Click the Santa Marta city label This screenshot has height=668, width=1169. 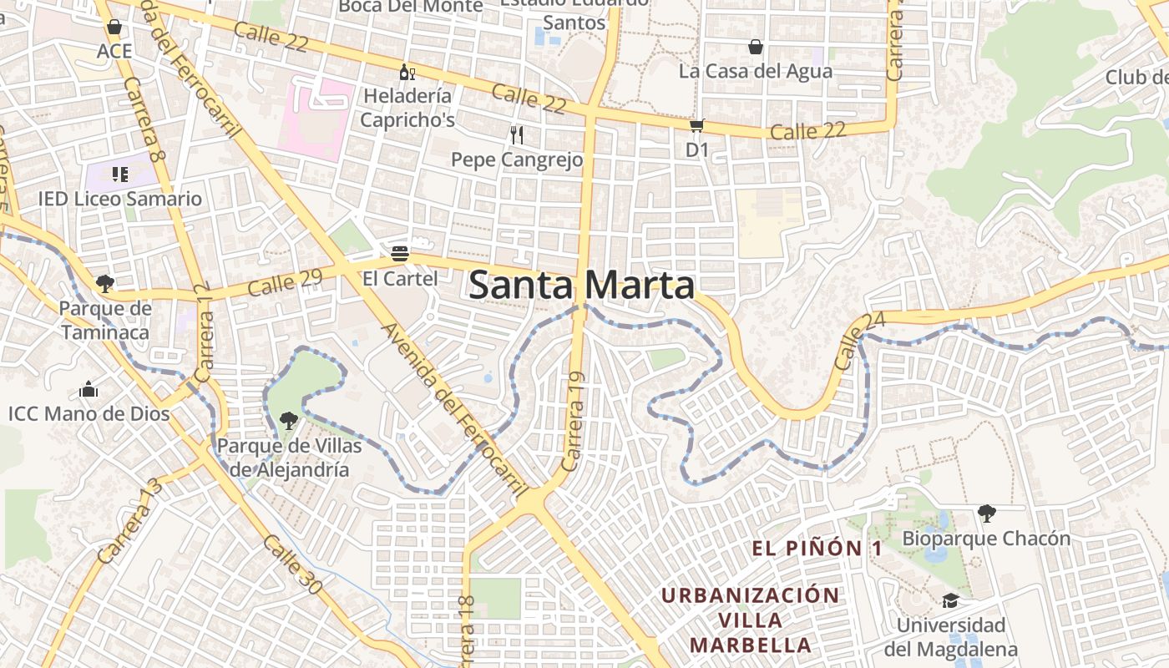point(581,286)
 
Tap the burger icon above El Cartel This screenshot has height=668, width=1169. point(400,253)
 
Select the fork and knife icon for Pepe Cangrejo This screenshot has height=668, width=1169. point(517,134)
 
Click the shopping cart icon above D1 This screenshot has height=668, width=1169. point(696,126)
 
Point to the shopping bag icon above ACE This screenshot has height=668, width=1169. point(114,27)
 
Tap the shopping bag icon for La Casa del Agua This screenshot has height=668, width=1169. point(756,47)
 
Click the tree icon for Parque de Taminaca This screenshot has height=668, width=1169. point(104,284)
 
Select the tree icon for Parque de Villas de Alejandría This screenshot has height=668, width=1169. point(289,420)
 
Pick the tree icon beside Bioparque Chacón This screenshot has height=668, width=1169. point(986,513)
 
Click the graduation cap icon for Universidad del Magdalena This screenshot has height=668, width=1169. point(950,600)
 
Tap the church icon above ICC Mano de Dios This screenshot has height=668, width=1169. point(89,389)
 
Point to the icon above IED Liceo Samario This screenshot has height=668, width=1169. point(120,175)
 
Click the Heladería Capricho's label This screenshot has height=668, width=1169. point(407,108)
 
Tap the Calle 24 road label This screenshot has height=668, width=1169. point(848,341)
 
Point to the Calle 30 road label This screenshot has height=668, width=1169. point(291,565)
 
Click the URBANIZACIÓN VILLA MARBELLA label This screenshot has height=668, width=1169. point(750,620)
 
